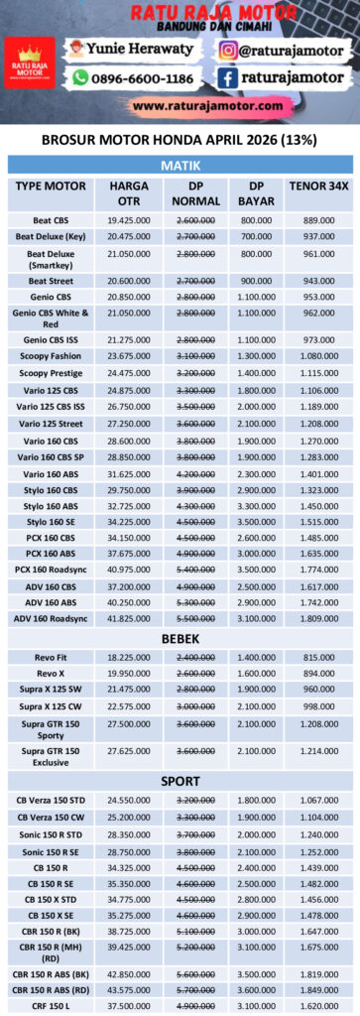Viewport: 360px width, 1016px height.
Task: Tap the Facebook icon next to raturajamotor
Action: (227, 76)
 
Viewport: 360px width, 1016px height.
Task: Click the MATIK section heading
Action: (180, 165)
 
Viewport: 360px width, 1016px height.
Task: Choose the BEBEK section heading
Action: (180, 640)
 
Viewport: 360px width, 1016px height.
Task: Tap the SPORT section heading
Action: (180, 781)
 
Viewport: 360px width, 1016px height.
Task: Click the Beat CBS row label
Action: (52, 219)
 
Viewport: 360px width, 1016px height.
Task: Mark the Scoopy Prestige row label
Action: (52, 372)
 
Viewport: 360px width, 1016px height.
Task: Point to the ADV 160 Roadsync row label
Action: (52, 618)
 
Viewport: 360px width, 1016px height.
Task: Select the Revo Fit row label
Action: (52, 658)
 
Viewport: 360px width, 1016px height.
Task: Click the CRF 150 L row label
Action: (52, 1005)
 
